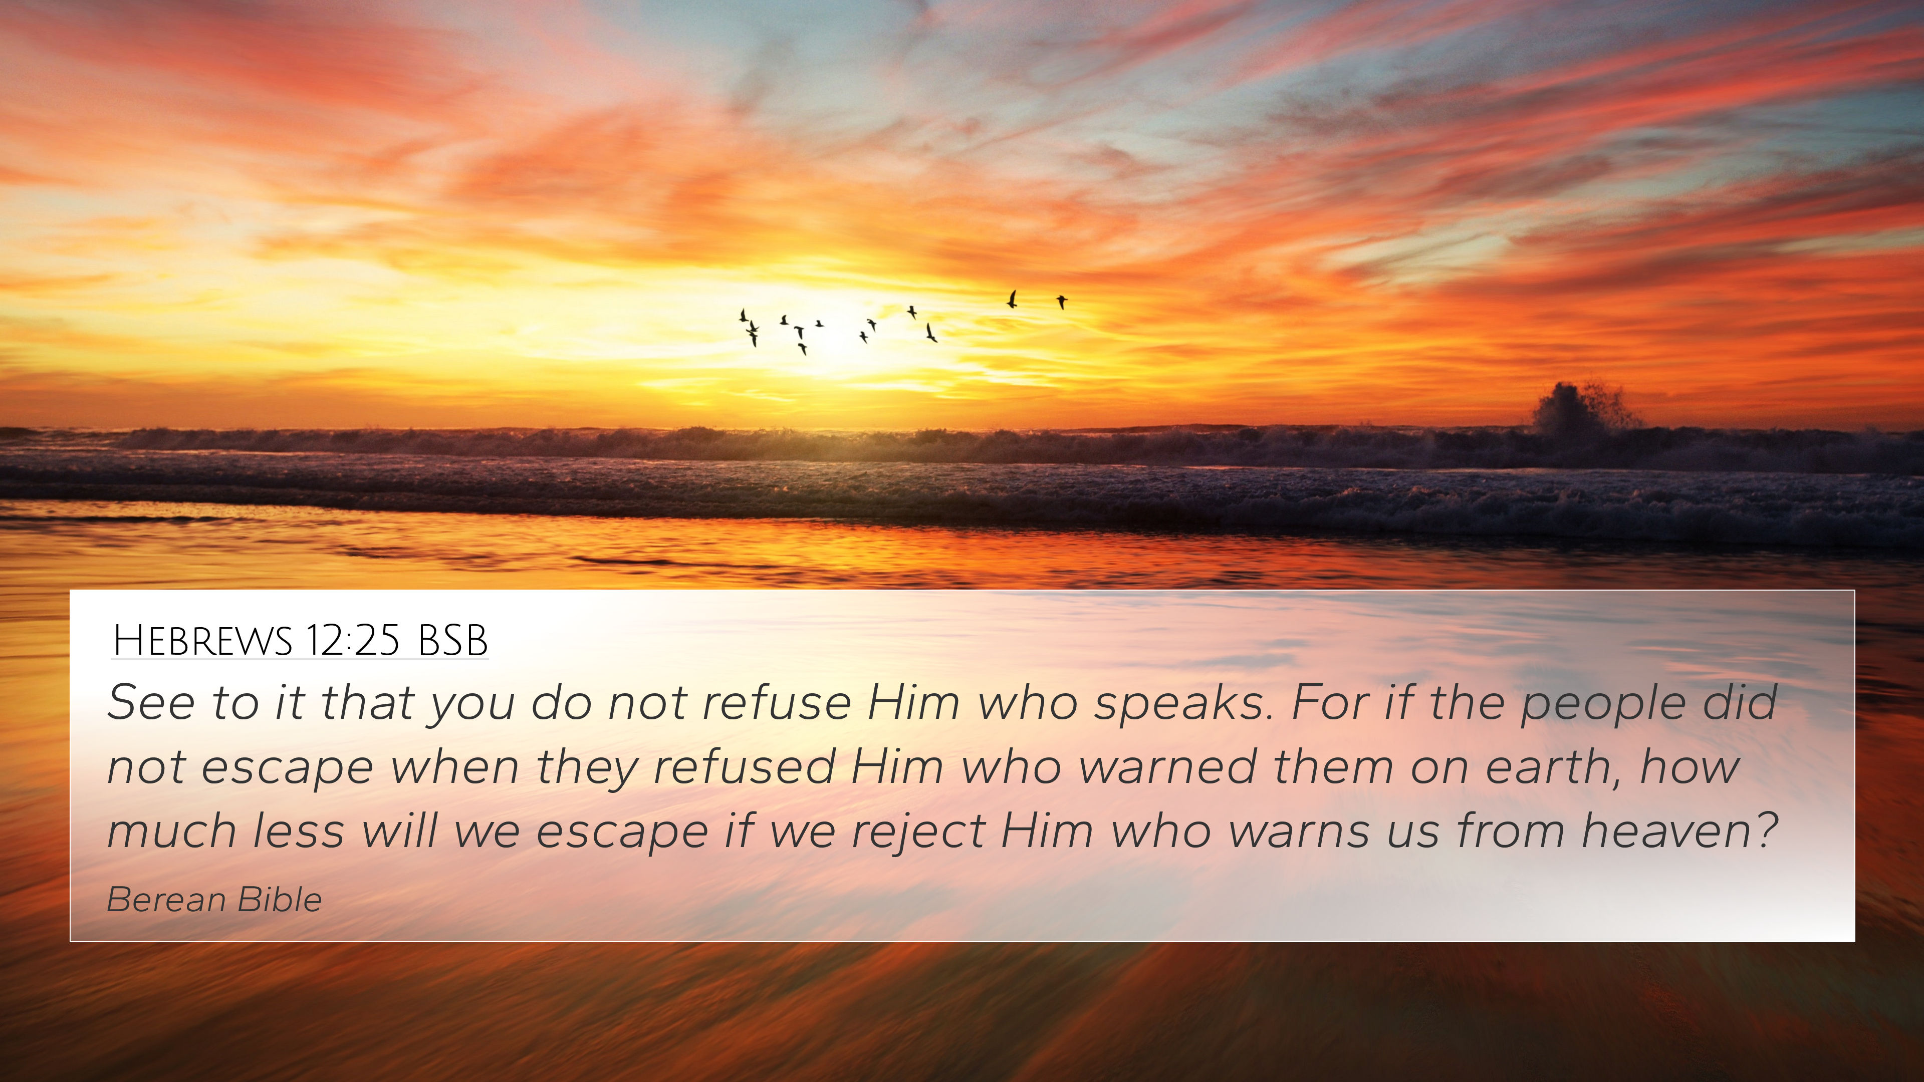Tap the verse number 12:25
[x=353, y=641]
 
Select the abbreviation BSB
[x=452, y=641]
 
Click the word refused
[x=744, y=767]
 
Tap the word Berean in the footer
[x=166, y=900]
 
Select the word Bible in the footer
[x=280, y=900]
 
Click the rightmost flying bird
[x=1061, y=302]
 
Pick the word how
[x=1690, y=767]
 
